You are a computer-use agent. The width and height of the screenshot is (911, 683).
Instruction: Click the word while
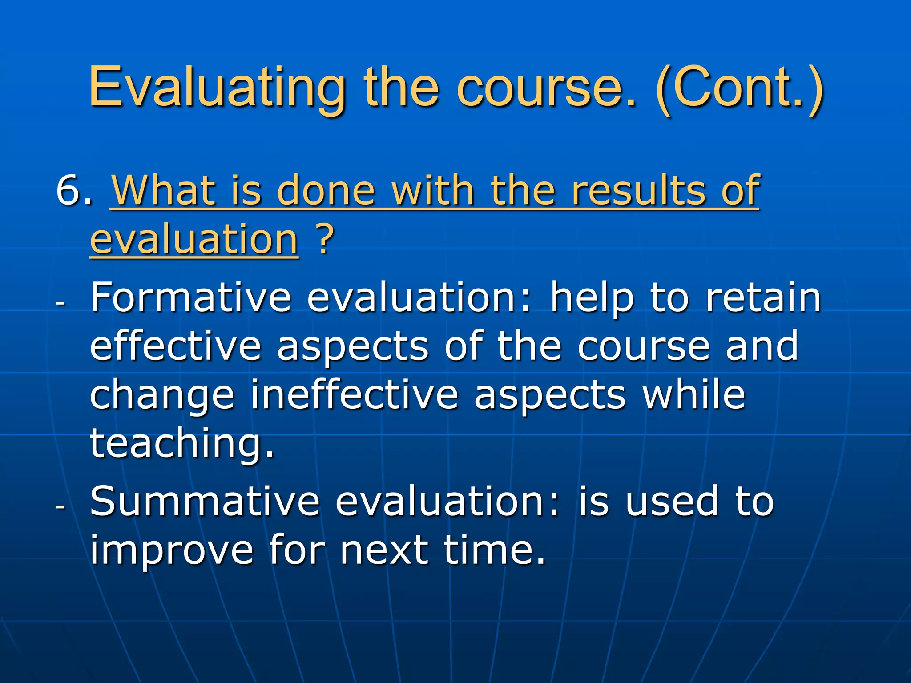(x=694, y=395)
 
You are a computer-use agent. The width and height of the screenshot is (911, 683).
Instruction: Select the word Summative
(x=205, y=502)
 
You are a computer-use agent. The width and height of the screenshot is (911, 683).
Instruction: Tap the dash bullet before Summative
(x=61, y=507)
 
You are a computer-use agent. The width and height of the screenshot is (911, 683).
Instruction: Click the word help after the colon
(x=592, y=298)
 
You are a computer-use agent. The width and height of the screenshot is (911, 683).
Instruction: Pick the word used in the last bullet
(x=672, y=502)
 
